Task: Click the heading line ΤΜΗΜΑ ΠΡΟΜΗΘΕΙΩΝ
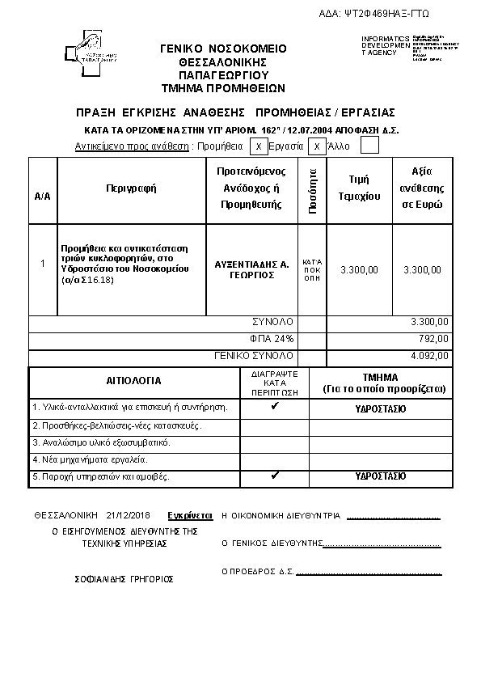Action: coord(223,87)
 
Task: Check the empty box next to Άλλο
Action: coord(369,146)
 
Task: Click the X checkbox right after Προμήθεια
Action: coord(258,146)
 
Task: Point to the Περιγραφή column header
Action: coord(131,188)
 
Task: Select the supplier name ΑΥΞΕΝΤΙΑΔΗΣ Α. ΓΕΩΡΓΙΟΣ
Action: coord(252,269)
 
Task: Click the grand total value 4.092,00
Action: coord(429,355)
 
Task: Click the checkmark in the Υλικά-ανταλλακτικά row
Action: coord(275,407)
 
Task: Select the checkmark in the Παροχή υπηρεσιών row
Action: coord(275,476)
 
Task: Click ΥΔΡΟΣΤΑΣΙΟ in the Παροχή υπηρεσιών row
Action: coord(381,476)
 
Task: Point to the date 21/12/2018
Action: coord(128,514)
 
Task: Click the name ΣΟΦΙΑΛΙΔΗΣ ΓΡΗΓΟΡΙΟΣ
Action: coord(124,579)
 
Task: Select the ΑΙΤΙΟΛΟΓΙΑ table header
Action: coord(134,380)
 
